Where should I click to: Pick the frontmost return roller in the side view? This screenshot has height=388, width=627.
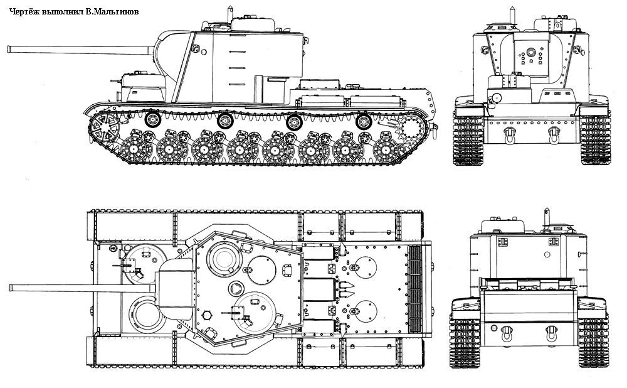pos(152,119)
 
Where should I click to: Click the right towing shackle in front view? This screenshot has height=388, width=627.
pos(554,134)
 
